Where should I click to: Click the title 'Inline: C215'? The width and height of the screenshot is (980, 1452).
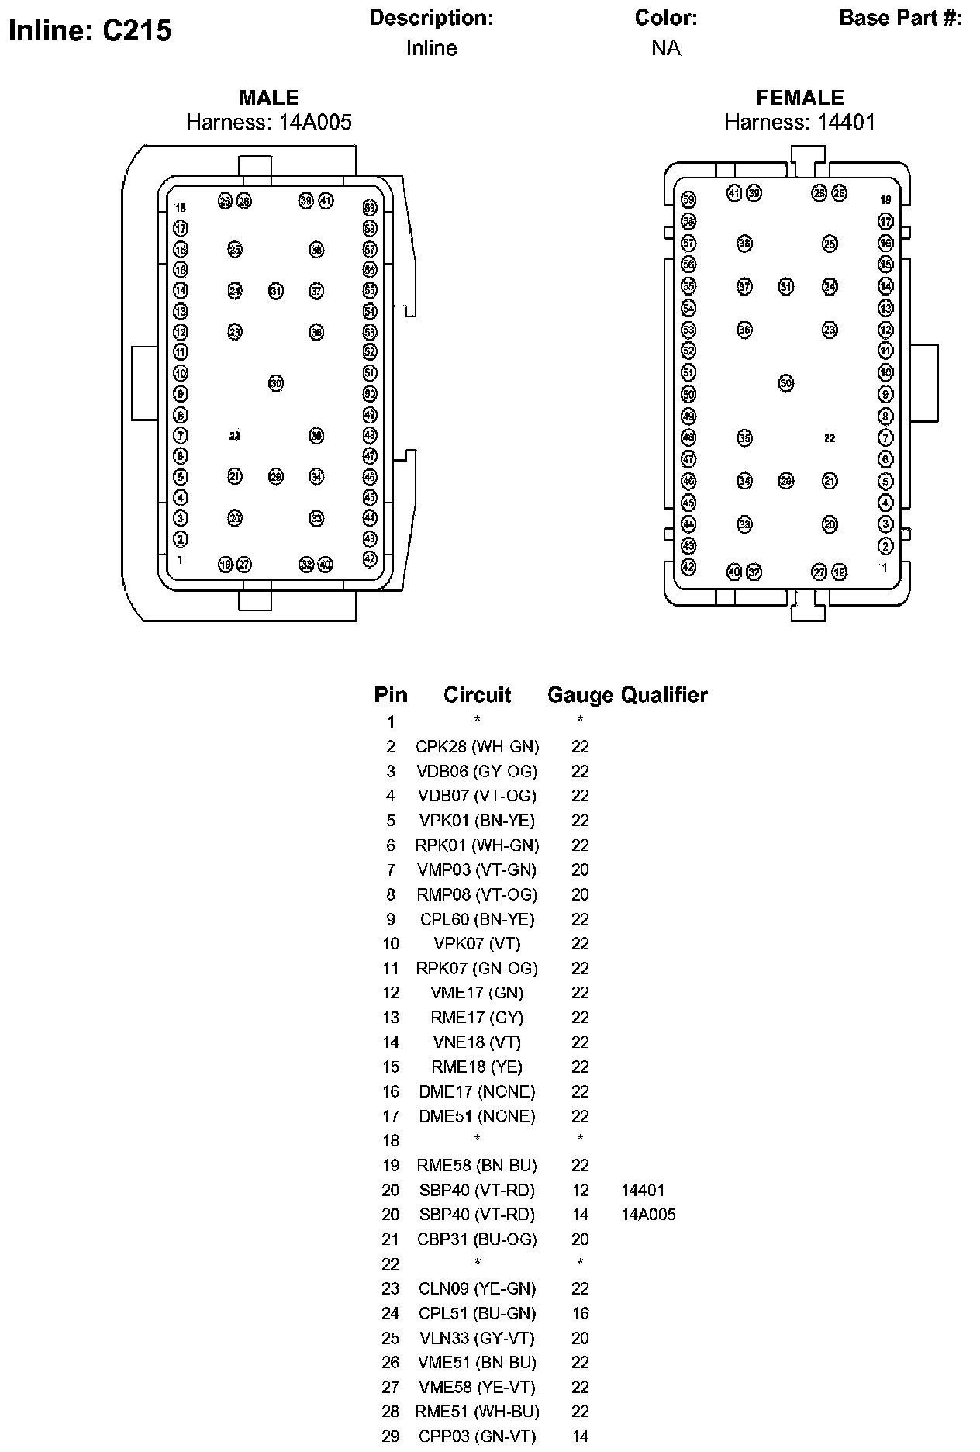(90, 31)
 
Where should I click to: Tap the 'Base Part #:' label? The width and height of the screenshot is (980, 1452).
(900, 18)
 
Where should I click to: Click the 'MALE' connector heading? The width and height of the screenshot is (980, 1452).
(268, 98)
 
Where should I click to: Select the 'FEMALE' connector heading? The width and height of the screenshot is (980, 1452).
(799, 98)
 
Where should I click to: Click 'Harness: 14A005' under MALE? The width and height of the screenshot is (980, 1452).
(268, 122)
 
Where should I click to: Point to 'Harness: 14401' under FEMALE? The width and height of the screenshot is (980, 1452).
(799, 122)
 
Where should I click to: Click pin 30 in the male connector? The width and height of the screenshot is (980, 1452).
(276, 383)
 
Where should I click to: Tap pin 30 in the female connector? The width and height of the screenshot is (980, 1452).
(786, 383)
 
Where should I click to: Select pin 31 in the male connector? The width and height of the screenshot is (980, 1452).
(276, 291)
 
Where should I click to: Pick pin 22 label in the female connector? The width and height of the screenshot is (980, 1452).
(830, 438)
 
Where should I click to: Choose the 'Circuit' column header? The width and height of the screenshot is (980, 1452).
(477, 695)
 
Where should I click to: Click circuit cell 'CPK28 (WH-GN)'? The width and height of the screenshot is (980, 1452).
(477, 747)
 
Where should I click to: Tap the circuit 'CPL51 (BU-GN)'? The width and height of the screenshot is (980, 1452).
(477, 1314)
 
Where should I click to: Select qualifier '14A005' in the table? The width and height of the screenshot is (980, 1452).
(648, 1215)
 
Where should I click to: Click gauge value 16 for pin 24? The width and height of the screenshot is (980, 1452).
(580, 1314)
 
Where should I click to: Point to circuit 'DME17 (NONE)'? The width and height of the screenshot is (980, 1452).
(477, 1092)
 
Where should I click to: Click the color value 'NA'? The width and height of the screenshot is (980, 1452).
(665, 48)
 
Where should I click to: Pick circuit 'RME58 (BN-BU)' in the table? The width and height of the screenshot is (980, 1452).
(477, 1166)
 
